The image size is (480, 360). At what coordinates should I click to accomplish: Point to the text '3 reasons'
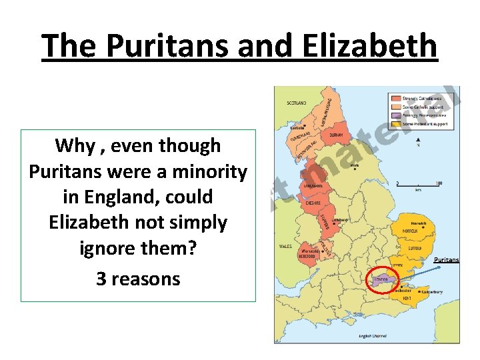tap(138, 278)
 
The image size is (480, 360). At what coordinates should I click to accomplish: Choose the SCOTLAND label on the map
tap(297, 103)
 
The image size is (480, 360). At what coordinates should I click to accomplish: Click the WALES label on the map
tap(285, 246)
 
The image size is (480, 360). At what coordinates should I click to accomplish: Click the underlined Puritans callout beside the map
tap(447, 259)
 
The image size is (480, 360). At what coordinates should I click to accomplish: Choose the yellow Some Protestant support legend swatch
tap(395, 123)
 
